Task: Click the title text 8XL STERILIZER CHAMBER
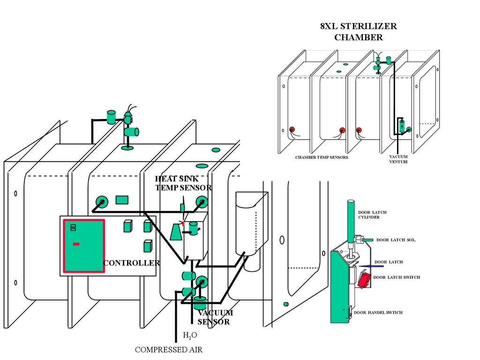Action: click(x=359, y=32)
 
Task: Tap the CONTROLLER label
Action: click(x=131, y=263)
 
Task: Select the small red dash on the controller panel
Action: click(x=76, y=244)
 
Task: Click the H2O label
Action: click(x=187, y=336)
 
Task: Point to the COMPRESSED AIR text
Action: click(x=169, y=350)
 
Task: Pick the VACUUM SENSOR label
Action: click(x=214, y=317)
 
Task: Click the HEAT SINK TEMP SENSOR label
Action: click(x=183, y=183)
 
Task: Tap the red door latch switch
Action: click(x=364, y=280)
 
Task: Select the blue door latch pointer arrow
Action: click(x=366, y=265)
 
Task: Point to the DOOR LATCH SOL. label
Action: click(x=396, y=240)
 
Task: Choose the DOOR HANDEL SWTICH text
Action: click(x=378, y=313)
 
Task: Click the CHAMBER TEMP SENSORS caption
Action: click(x=321, y=157)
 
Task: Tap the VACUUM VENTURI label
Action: click(x=398, y=159)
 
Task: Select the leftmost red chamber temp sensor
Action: click(x=292, y=130)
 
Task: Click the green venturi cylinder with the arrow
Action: click(x=401, y=126)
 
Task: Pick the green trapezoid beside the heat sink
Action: click(x=176, y=232)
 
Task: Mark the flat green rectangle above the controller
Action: click(x=122, y=200)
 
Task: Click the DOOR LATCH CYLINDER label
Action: click(x=372, y=215)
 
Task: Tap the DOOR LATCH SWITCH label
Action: click(x=397, y=277)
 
